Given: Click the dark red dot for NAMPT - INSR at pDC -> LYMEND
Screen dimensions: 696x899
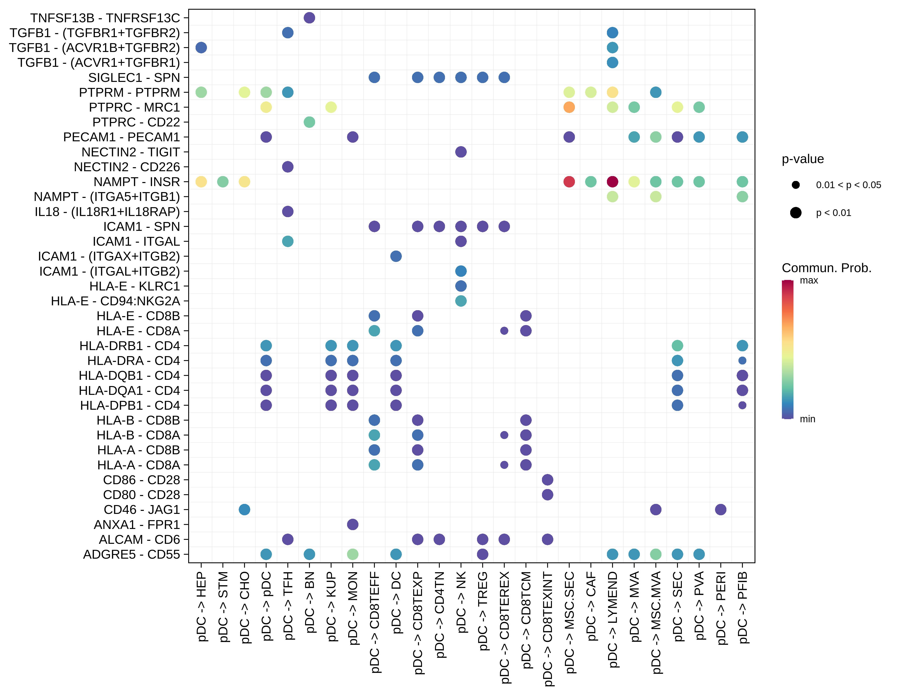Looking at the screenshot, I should click(612, 181).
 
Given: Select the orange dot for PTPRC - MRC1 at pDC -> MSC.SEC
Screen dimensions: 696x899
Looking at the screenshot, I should click(569, 107).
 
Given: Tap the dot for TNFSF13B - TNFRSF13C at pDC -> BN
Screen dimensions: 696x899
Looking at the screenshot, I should click(309, 18).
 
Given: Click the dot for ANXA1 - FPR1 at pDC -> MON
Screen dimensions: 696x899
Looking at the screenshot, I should click(352, 524).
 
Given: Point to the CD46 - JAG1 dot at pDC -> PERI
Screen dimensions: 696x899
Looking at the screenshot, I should click(720, 509).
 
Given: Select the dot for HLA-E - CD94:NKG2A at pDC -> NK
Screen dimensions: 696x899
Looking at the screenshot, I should click(461, 301).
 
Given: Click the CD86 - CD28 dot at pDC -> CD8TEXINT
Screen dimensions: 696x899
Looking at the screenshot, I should click(547, 480).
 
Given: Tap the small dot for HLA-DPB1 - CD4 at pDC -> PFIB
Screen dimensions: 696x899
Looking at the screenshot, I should click(742, 405).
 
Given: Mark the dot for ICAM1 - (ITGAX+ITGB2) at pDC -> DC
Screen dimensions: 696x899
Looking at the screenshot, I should click(396, 256).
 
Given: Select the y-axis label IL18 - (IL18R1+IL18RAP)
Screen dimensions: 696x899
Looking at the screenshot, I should click(107, 212).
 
